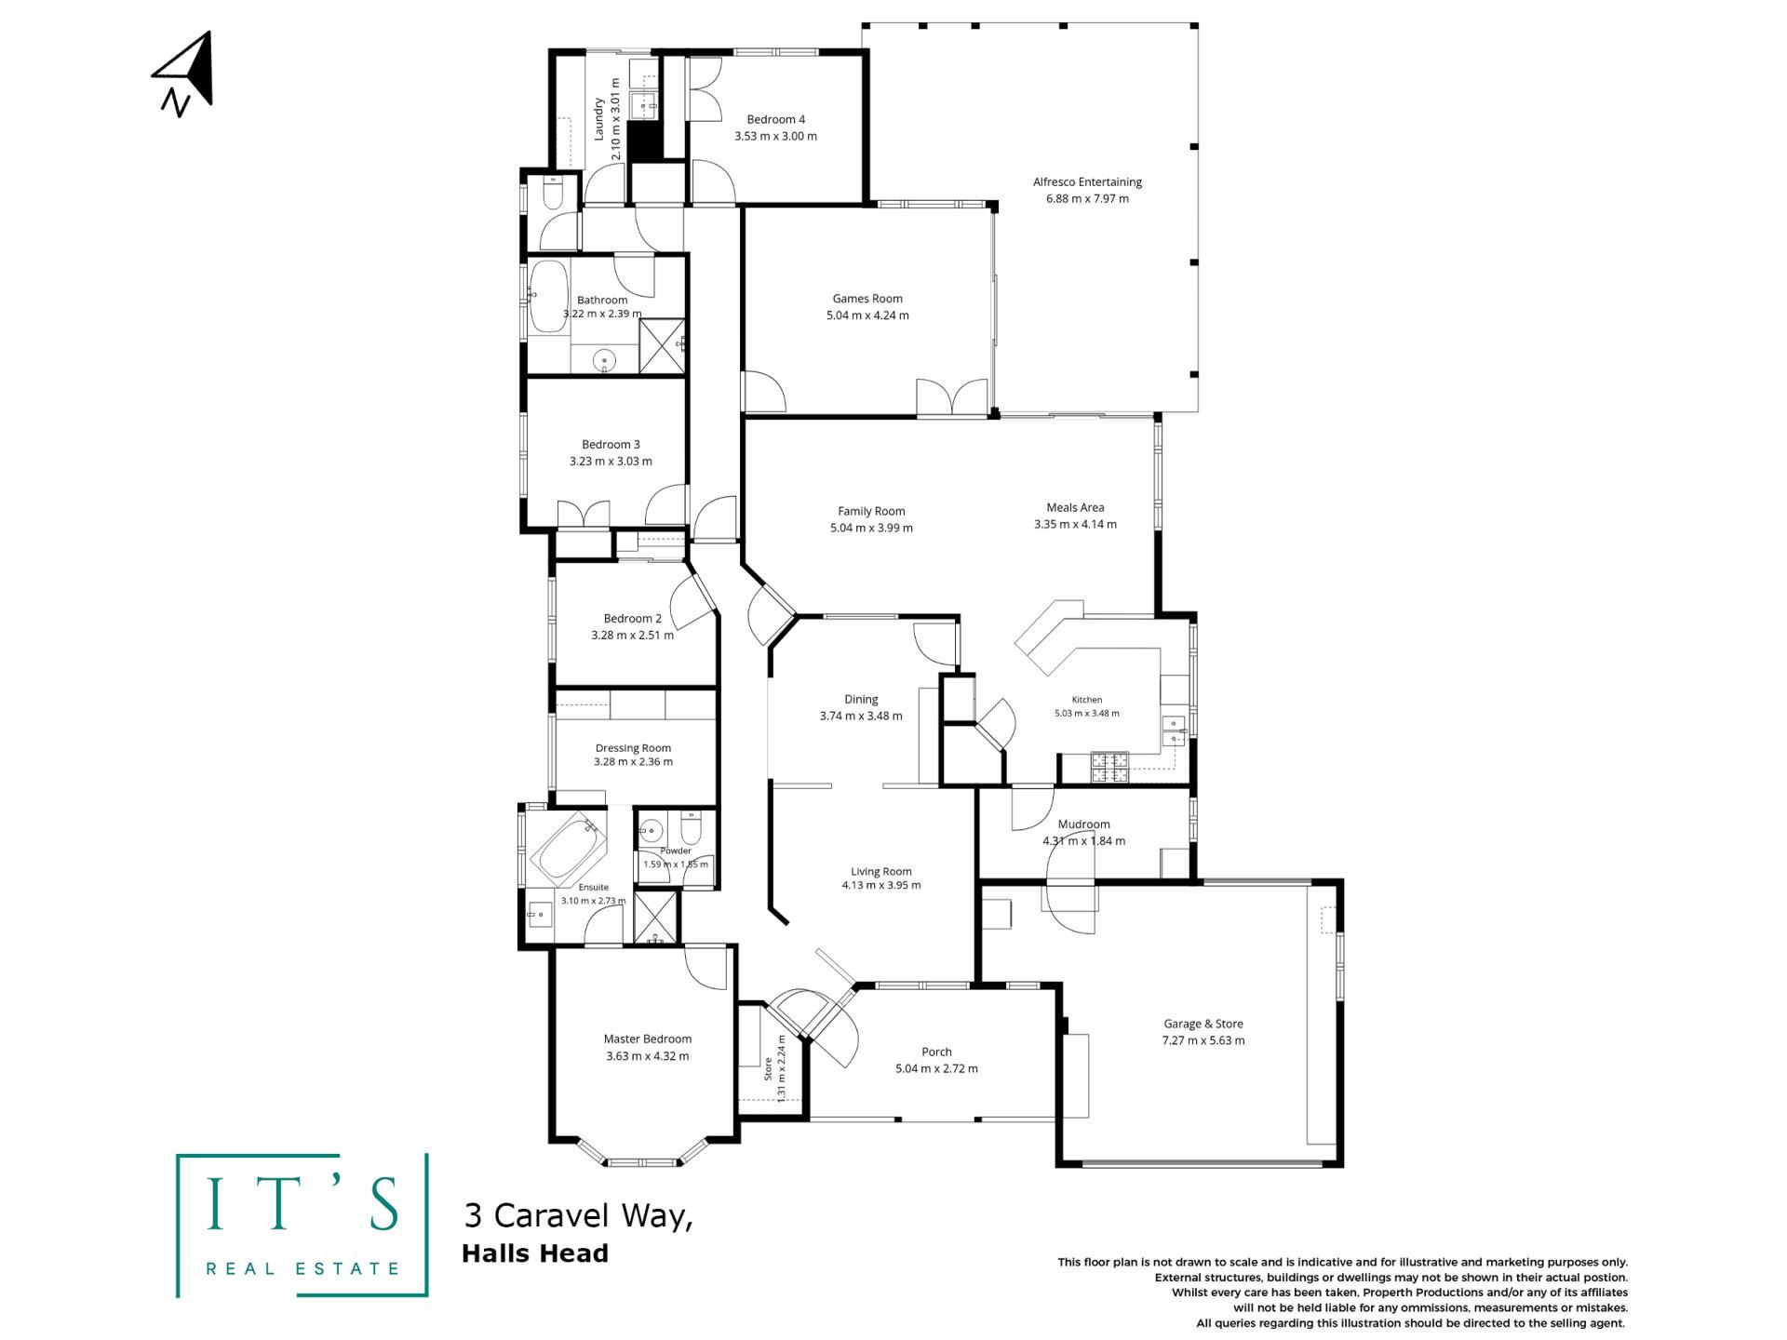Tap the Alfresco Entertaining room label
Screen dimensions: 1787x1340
[1087, 182]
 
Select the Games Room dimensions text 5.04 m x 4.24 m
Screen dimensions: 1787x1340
[867, 315]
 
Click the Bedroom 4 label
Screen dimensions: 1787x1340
[775, 119]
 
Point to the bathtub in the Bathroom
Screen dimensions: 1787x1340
[549, 296]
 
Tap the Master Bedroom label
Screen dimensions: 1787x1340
[647, 1039]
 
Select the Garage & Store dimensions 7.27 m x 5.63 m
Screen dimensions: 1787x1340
[1203, 1040]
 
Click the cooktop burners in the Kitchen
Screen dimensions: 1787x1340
[1108, 767]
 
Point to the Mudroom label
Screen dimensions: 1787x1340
[1083, 824]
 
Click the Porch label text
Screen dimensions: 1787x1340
[936, 1052]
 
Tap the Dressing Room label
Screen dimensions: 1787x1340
[633, 748]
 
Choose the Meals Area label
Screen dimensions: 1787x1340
[1075, 508]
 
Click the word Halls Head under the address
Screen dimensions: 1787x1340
[535, 1253]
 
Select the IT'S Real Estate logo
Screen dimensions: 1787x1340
[302, 1225]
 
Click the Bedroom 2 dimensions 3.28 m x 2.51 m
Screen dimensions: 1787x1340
[632, 636]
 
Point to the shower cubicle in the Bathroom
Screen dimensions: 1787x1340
[663, 346]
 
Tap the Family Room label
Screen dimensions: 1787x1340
[871, 511]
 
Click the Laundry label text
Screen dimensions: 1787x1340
[599, 119]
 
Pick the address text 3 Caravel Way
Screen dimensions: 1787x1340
[578, 1215]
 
